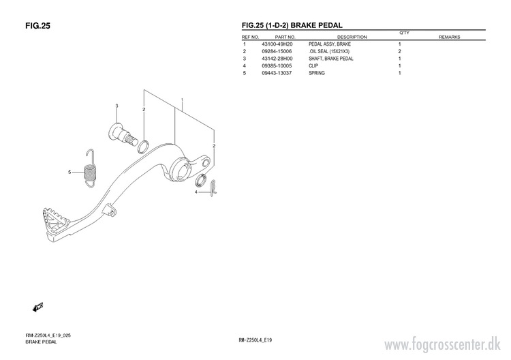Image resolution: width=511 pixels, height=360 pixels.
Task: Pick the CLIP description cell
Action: tap(313, 66)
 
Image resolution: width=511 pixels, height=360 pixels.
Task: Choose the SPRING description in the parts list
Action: tap(317, 73)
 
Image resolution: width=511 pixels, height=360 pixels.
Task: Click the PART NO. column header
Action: tap(285, 37)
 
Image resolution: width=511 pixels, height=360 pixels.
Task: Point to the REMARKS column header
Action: tap(450, 37)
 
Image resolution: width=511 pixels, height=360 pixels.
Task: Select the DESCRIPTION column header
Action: tap(352, 37)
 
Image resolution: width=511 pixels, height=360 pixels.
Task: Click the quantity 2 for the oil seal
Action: tap(399, 52)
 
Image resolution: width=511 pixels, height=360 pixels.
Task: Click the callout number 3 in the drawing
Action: tap(117, 106)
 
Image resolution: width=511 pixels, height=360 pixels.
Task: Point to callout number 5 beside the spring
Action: tap(69, 172)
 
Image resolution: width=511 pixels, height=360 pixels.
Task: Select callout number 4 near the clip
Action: tap(196, 192)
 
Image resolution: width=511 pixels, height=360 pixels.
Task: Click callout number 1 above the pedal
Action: tap(182, 100)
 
